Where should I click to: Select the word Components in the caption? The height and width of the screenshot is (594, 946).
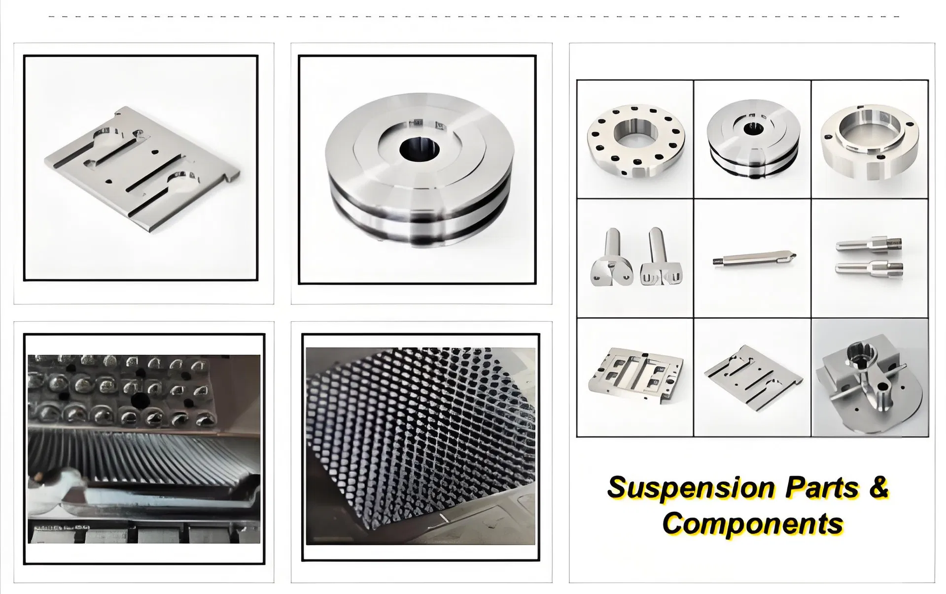pyautogui.click(x=752, y=523)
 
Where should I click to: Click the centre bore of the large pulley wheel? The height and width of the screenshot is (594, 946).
pyautogui.click(x=419, y=149)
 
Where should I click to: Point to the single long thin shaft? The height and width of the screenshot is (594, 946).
pyautogui.click(x=754, y=258)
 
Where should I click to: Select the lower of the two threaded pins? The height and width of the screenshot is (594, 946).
pyautogui.click(x=869, y=268)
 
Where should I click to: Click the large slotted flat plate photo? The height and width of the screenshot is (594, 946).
pyautogui.click(x=141, y=168)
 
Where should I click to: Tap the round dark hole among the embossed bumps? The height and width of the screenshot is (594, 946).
pyautogui.click(x=140, y=402)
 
